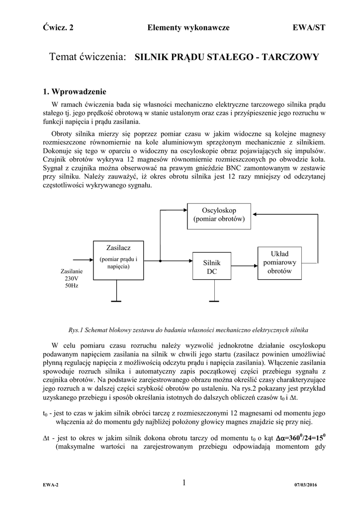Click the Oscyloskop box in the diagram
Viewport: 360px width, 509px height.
pos(219,216)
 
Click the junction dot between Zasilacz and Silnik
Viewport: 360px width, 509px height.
pos(160,260)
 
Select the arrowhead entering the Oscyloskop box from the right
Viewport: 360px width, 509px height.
pos(255,214)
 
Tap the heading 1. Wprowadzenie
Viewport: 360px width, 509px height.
pos(75,91)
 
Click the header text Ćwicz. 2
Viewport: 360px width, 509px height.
pos(58,28)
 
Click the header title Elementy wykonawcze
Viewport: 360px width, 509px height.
pos(188,28)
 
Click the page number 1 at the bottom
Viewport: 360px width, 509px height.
pos(183,483)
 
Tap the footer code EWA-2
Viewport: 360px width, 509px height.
pos(50,485)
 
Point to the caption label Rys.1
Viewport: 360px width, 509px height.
pos(75,330)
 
